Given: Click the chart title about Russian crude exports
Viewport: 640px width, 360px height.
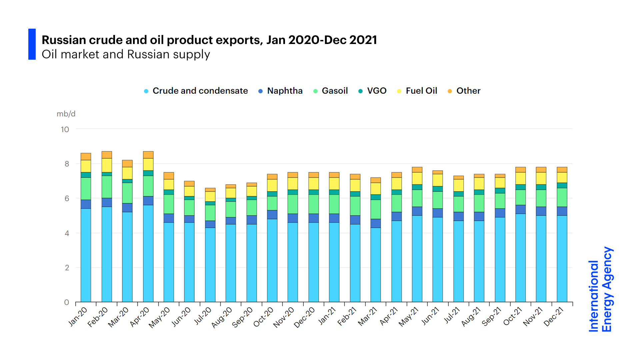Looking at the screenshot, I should [209, 40].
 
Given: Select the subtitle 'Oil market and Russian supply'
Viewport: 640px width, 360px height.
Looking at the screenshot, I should [126, 54].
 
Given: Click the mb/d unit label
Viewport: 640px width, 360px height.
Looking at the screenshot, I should [66, 114].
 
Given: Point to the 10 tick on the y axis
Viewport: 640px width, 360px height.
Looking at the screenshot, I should [65, 129].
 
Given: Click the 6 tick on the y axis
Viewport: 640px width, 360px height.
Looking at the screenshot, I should [67, 198].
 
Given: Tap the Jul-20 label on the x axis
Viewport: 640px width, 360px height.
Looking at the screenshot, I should [203, 316].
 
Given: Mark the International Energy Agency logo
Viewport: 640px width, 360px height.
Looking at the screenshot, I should [600, 289].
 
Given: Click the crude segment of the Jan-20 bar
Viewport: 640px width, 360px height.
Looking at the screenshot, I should [86, 255].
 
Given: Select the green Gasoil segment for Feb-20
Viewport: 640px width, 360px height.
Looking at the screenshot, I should [107, 187].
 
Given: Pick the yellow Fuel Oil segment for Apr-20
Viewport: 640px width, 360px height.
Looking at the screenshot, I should [148, 164].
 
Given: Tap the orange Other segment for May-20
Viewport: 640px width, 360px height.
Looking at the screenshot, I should [169, 176].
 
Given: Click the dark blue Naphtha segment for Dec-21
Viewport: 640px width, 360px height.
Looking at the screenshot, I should [562, 211].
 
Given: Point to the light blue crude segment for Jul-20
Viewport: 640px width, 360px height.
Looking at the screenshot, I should [210, 265].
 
